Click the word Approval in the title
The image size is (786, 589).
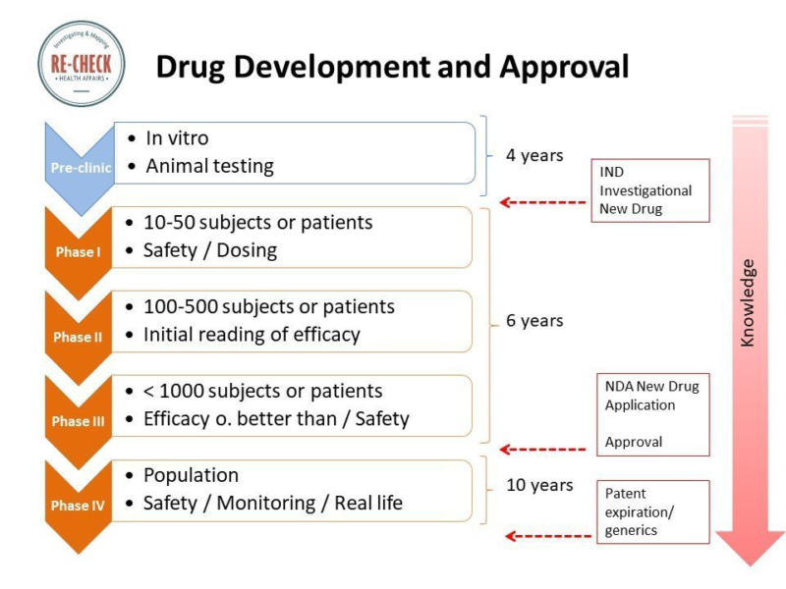tap(564, 66)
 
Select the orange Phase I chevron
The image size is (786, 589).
tap(77, 251)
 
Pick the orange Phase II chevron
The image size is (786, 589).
tap(77, 337)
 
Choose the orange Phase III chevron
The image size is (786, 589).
tap(77, 421)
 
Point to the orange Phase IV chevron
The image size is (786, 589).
tap(77, 505)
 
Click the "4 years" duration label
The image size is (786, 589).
tap(534, 155)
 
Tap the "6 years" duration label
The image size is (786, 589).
tap(534, 321)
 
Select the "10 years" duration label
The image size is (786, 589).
tap(539, 485)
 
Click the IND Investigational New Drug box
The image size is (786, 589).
tap(651, 190)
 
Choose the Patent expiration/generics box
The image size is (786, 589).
tap(653, 511)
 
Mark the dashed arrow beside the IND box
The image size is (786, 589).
tap(536, 203)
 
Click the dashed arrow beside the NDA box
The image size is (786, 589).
tap(536, 450)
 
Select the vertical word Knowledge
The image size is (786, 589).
tap(748, 302)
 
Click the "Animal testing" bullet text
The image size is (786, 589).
tap(209, 166)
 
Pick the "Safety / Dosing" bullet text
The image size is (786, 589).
tap(210, 250)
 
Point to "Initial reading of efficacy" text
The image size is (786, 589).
tap(252, 335)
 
